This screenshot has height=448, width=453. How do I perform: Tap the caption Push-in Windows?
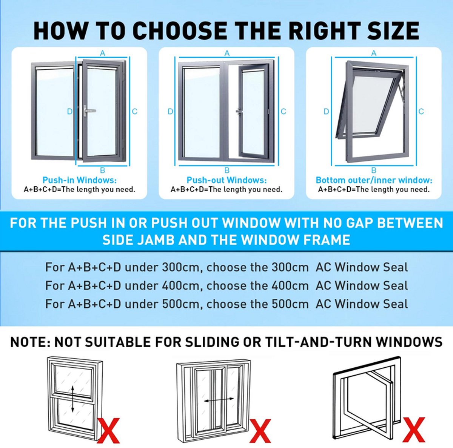pos(79,180)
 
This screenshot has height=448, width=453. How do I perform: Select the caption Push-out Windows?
pos(226,180)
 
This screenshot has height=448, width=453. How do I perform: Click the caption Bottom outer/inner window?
pos(374,180)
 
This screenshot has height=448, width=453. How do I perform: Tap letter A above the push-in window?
pos(103,54)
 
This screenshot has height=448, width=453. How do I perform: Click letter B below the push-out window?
pos(227,170)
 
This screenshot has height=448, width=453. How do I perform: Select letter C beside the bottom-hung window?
pos(421,111)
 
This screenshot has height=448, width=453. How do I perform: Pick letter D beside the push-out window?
pos(170,112)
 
